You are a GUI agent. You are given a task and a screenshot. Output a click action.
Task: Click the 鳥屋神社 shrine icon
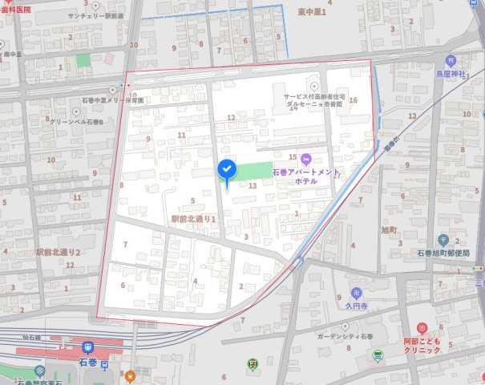[x=451, y=60]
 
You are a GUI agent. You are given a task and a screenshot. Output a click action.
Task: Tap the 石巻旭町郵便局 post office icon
[x=443, y=241]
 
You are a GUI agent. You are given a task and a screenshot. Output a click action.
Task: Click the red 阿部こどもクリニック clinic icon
[x=422, y=328]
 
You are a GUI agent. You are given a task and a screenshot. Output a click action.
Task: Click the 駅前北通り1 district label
[x=194, y=218]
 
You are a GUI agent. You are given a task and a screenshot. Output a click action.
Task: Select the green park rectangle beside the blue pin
[x=255, y=171]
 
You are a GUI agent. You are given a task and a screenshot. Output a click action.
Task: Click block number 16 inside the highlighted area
[x=353, y=101]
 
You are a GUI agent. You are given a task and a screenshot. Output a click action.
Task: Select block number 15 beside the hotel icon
[x=293, y=158]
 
